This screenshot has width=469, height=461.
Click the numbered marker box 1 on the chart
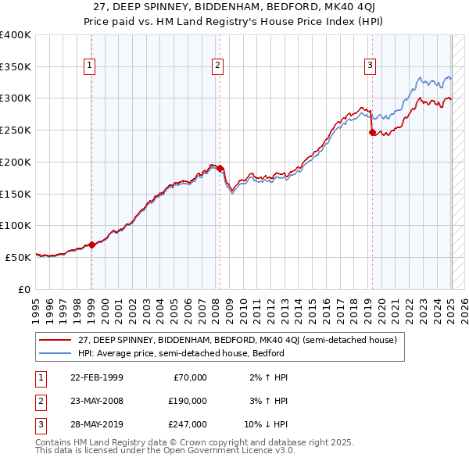coord(91,66)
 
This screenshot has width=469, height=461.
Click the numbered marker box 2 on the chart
coord(217,66)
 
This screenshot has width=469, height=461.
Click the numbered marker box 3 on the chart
coord(369,66)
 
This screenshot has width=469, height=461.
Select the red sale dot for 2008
coord(220,168)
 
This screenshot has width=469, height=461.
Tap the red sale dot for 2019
coord(372,132)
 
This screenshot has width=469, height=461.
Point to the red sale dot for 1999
coord(91,245)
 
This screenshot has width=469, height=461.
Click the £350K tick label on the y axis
coord(16,66)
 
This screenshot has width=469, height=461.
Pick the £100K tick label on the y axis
coord(16,225)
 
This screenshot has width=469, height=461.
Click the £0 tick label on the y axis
coord(23,289)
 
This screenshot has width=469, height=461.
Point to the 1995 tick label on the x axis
coord(35,307)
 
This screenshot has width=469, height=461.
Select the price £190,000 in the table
coord(188,401)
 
